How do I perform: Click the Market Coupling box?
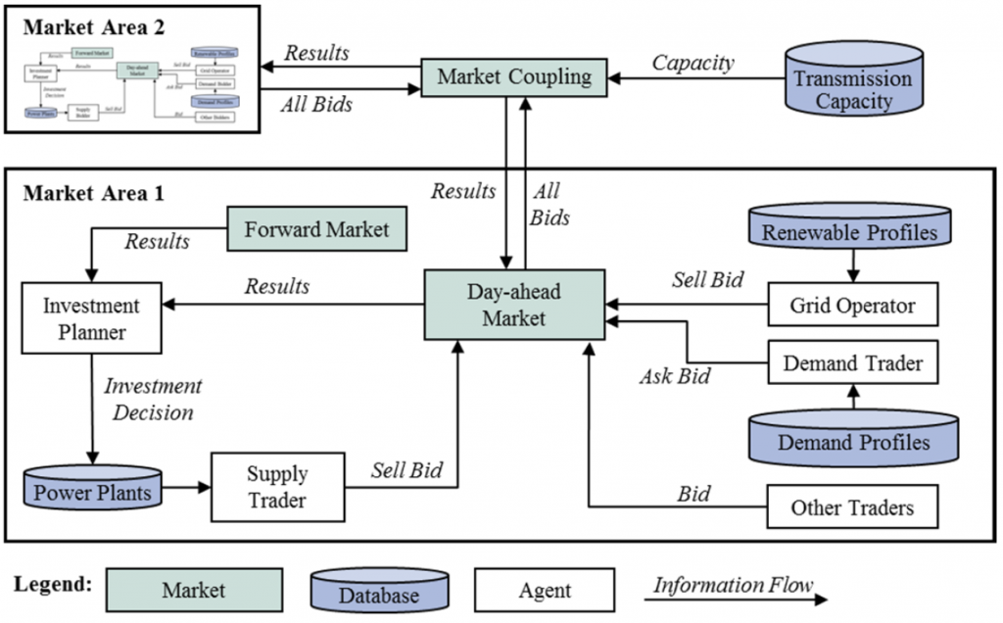(x=514, y=76)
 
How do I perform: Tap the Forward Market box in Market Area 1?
(x=316, y=230)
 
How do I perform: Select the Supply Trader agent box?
(x=276, y=487)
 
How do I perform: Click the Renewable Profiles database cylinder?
(x=849, y=231)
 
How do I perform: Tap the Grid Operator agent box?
(x=851, y=305)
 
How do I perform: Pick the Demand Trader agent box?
(x=852, y=363)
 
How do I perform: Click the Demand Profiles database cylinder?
(x=852, y=440)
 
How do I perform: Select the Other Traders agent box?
(x=852, y=507)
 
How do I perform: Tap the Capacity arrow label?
(x=693, y=63)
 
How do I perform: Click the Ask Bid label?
(x=675, y=375)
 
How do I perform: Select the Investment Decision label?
(x=153, y=399)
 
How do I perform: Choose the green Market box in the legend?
(x=193, y=590)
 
